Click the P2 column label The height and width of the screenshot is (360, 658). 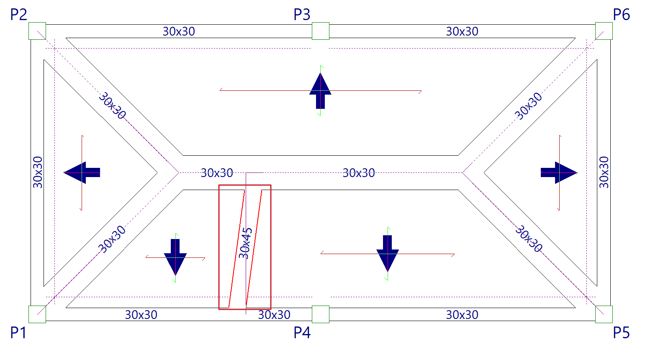click(18, 15)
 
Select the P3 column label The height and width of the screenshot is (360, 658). click(302, 15)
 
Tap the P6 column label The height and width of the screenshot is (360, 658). click(621, 15)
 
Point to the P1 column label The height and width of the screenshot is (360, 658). click(18, 333)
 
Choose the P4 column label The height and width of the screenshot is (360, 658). click(302, 333)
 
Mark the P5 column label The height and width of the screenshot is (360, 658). click(621, 333)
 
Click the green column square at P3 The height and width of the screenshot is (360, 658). click(321, 31)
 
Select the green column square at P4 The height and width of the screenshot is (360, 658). click(321, 314)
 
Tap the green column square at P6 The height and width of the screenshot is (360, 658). click(604, 31)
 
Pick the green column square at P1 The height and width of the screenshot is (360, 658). click(37, 314)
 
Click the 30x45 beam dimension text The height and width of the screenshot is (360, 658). click(245, 243)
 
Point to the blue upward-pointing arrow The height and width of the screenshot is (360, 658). click(320, 90)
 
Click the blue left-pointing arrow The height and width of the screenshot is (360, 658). click(82, 172)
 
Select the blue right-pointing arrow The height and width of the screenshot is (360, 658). click(559, 172)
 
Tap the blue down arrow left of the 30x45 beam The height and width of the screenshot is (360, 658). click(175, 256)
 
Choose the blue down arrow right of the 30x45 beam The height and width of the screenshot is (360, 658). click(388, 253)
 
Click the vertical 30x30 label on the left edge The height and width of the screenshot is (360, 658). click(38, 172)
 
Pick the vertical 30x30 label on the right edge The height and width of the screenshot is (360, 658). click(604, 172)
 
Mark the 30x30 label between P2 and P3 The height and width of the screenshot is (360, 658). click(179, 31)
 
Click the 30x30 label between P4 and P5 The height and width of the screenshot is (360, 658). click(462, 315)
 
